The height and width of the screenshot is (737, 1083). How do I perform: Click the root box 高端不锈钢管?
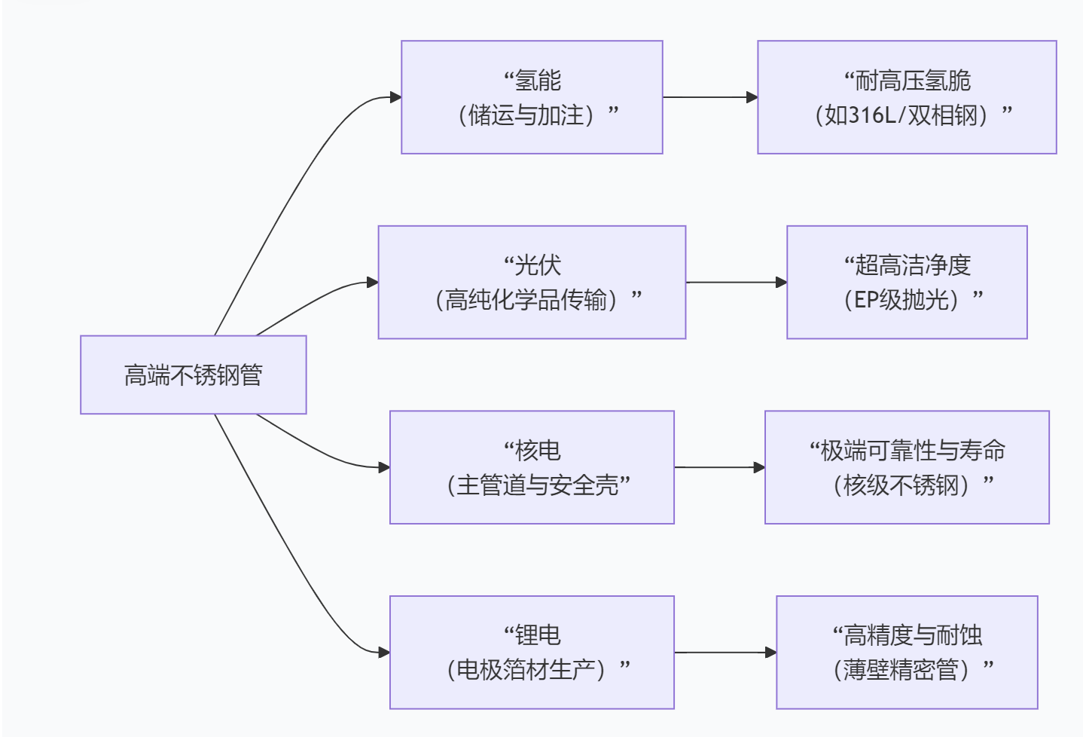[x=193, y=375]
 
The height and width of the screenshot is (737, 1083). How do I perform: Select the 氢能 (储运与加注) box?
[x=532, y=97]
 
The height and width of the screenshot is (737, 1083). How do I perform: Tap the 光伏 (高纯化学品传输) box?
[x=532, y=282]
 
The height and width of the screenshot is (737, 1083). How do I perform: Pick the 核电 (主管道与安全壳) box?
[x=532, y=467]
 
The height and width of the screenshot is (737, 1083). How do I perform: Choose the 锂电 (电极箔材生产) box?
[x=532, y=652]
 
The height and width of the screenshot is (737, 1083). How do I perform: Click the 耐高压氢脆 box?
[x=907, y=97]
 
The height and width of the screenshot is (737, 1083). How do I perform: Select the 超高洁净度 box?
[x=907, y=282]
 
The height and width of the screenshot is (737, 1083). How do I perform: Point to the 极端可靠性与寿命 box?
[x=907, y=467]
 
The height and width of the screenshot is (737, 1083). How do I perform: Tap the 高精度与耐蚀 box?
[x=907, y=652]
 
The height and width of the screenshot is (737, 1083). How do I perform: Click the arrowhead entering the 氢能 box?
[x=395, y=97]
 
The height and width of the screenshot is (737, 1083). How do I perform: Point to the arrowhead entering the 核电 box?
[x=384, y=467]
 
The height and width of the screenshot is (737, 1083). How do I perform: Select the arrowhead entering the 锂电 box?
[x=384, y=652]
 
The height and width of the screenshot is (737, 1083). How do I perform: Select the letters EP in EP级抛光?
[x=866, y=300]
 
